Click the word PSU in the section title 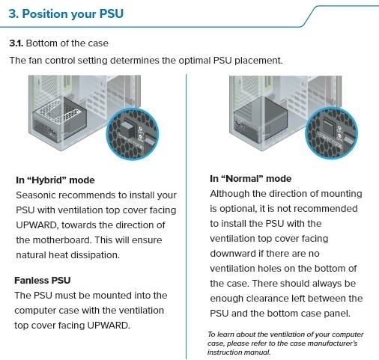(112, 13)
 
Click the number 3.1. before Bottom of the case (16, 43)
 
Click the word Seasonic (35, 195)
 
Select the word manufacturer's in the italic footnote (333, 344)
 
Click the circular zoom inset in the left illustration (133, 134)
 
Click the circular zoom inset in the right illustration (331, 133)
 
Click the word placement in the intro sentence (258, 61)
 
